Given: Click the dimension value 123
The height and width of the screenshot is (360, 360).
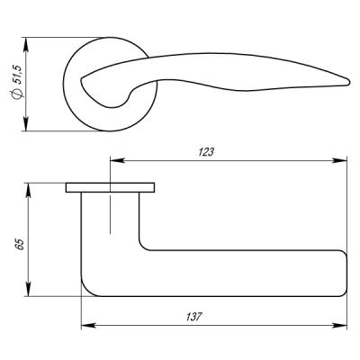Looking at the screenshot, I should pos(207,153).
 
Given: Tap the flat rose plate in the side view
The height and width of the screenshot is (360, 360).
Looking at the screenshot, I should pos(110,188).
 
